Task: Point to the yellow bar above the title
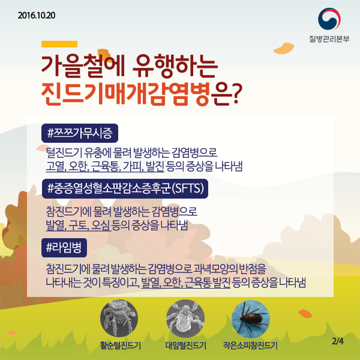(59, 44)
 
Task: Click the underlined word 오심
(100, 224)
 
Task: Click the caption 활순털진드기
(120, 346)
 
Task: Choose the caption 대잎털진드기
(185, 346)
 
